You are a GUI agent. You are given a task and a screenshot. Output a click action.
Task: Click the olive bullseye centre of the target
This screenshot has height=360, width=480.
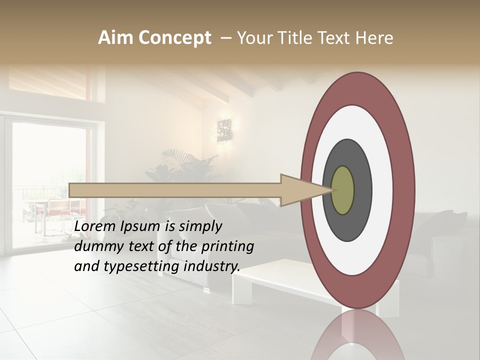coord(342,190)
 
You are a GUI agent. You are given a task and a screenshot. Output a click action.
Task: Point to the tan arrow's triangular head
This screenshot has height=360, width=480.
coord(300,190)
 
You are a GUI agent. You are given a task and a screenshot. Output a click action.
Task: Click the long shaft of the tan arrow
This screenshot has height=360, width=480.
coord(175,190)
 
